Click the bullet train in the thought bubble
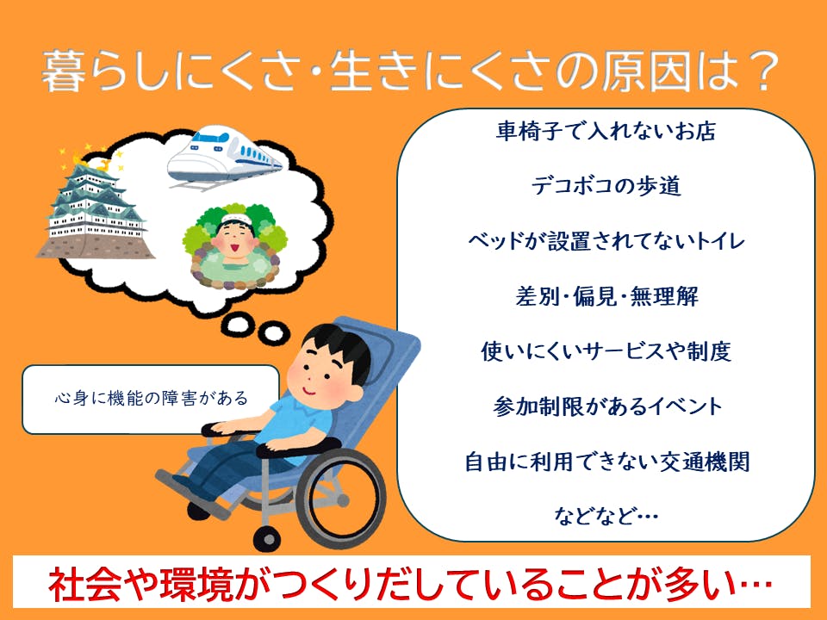tap(225, 156)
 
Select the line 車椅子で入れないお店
tap(606, 131)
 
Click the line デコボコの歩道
tap(606, 186)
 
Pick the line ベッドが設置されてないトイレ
tap(606, 241)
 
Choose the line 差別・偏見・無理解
tap(606, 296)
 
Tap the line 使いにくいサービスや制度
tap(606, 351)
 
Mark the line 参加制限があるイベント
tap(606, 406)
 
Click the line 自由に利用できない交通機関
tap(606, 462)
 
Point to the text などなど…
tap(606, 516)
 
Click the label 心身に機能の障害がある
tap(152, 398)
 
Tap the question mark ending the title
tap(759, 71)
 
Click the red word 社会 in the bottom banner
tap(86, 584)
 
